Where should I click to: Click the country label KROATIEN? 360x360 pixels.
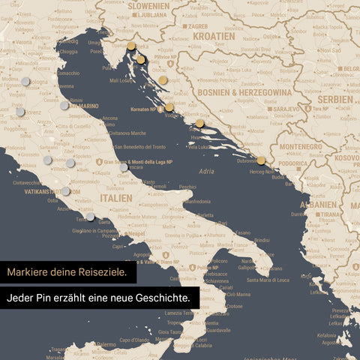pos(213,35)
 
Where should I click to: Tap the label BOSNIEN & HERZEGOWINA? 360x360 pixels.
pos(244,91)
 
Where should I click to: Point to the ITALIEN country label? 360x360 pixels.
pos(114,198)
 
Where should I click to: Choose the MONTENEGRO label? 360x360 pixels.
pos(299,147)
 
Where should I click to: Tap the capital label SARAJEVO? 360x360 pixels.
pos(286,109)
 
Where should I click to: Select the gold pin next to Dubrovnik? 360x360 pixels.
pos(261,160)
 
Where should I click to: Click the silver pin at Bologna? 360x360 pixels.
pos(25,81)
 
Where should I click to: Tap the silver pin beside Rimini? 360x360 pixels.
pos(64,105)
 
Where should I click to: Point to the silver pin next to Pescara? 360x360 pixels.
pos(124,166)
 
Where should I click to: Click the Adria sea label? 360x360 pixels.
pos(206,172)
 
